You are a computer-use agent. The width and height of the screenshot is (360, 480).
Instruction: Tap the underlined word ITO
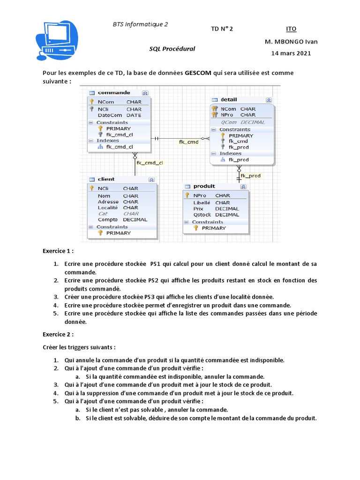[291, 29]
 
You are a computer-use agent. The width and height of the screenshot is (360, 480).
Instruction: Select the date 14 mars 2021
[291, 53]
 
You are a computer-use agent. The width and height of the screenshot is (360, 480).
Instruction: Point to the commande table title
[114, 93]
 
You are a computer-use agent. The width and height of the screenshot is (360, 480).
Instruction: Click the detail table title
[229, 99]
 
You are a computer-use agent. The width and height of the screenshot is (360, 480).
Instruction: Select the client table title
[106, 179]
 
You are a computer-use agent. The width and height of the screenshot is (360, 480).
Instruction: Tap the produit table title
[204, 186]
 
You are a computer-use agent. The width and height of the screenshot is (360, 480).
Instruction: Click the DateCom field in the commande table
[110, 115]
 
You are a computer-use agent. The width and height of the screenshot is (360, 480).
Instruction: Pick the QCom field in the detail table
[229, 122]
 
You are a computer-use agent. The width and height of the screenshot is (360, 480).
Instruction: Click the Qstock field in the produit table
[202, 215]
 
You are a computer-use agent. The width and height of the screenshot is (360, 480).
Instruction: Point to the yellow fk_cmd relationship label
[189, 142]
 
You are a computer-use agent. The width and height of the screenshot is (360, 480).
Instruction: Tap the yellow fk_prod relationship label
[250, 176]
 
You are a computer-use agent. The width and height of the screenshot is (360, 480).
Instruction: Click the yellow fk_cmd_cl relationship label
[150, 163]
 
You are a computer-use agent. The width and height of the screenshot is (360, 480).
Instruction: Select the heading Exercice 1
[58, 251]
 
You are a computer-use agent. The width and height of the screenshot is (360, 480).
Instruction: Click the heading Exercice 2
[58, 335]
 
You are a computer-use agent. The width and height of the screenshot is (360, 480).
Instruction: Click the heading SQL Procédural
[172, 48]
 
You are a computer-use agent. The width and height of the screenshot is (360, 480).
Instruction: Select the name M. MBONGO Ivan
[291, 42]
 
